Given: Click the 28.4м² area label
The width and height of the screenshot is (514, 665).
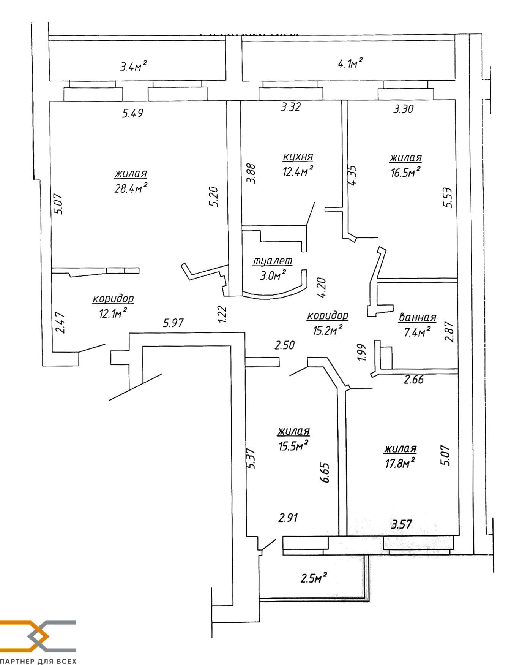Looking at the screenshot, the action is (x=131, y=188).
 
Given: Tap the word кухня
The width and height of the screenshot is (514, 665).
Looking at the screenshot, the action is (x=298, y=157).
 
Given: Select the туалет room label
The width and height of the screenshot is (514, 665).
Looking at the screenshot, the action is (x=273, y=261).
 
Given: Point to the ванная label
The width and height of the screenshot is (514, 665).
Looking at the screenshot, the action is (x=418, y=317).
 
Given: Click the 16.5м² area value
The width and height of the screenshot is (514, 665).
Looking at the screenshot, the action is (x=405, y=172).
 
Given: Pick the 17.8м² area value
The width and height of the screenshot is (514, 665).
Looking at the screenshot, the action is (x=400, y=463).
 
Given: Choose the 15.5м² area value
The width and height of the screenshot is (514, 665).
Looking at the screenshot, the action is (x=293, y=445).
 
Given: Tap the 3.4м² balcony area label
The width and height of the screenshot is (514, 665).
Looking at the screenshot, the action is (x=133, y=66).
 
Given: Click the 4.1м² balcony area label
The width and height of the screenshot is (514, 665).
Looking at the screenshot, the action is (x=350, y=63).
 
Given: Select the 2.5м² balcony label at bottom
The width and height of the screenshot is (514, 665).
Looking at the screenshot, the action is (x=314, y=578).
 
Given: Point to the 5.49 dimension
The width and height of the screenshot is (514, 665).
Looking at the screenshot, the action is (x=132, y=113).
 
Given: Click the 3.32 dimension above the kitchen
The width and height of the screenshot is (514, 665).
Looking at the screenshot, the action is (x=290, y=107).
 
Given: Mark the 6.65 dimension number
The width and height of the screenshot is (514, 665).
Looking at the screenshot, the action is (x=325, y=472).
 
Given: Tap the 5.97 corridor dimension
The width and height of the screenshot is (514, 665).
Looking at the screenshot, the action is (x=173, y=323).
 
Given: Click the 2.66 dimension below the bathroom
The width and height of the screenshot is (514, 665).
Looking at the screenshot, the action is (x=414, y=379).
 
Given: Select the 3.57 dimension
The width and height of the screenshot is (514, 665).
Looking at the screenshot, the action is (x=402, y=524).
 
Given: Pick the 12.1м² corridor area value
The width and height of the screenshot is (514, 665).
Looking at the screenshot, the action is (x=113, y=314).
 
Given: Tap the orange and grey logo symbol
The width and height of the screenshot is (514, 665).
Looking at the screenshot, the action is (x=38, y=635).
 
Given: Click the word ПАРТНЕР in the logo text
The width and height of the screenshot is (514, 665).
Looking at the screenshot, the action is (x=17, y=661).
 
